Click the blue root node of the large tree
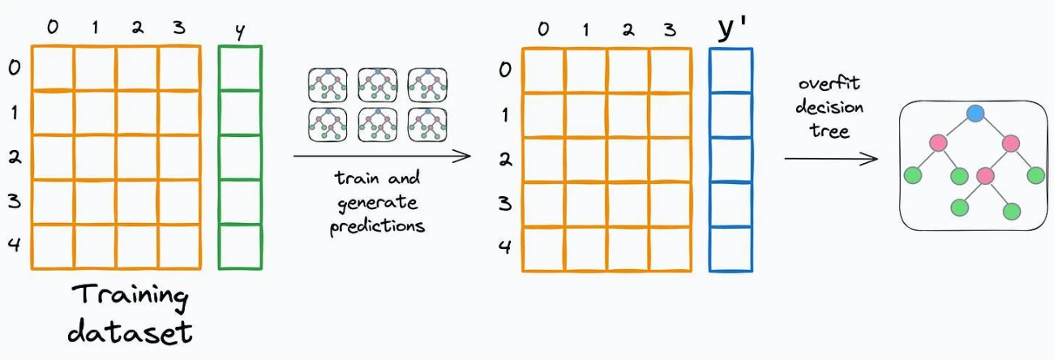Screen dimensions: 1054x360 click(x=975, y=114)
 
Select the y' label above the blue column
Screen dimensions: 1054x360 click(x=732, y=28)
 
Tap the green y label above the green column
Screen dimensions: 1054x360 click(x=240, y=32)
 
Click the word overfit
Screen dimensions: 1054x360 click(x=829, y=84)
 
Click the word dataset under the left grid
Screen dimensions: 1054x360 click(x=130, y=332)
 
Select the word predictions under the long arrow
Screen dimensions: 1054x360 click(x=377, y=227)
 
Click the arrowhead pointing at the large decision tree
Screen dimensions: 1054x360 click(x=869, y=159)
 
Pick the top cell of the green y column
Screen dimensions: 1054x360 click(x=240, y=68)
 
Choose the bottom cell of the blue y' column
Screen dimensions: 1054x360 click(x=731, y=250)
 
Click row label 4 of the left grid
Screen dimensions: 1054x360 click(x=15, y=244)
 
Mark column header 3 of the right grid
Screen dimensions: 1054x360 click(x=670, y=30)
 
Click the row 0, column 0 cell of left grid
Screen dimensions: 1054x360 click(x=53, y=68)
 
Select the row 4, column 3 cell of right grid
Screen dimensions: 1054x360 click(x=671, y=250)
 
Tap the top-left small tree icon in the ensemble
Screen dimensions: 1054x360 click(x=328, y=85)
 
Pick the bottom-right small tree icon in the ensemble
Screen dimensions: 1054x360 click(x=427, y=125)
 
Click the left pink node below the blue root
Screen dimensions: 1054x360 click(x=938, y=143)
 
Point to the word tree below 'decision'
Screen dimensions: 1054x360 click(x=829, y=131)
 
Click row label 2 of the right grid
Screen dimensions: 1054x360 click(x=505, y=160)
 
